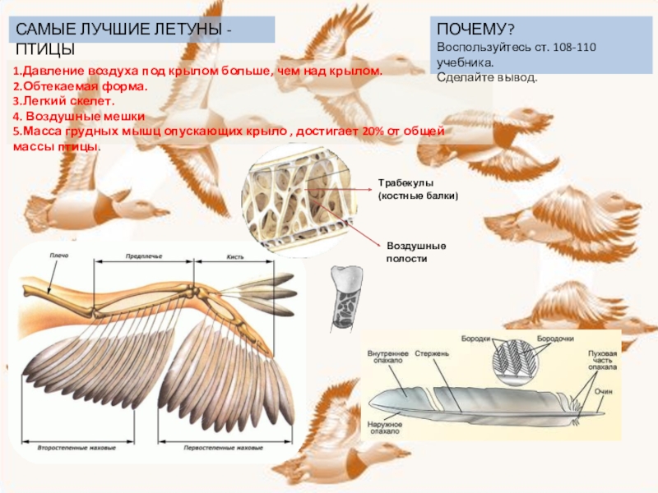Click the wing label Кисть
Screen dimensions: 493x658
pyautogui.click(x=235, y=256)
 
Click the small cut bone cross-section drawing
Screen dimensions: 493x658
pyautogui.click(x=344, y=297)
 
